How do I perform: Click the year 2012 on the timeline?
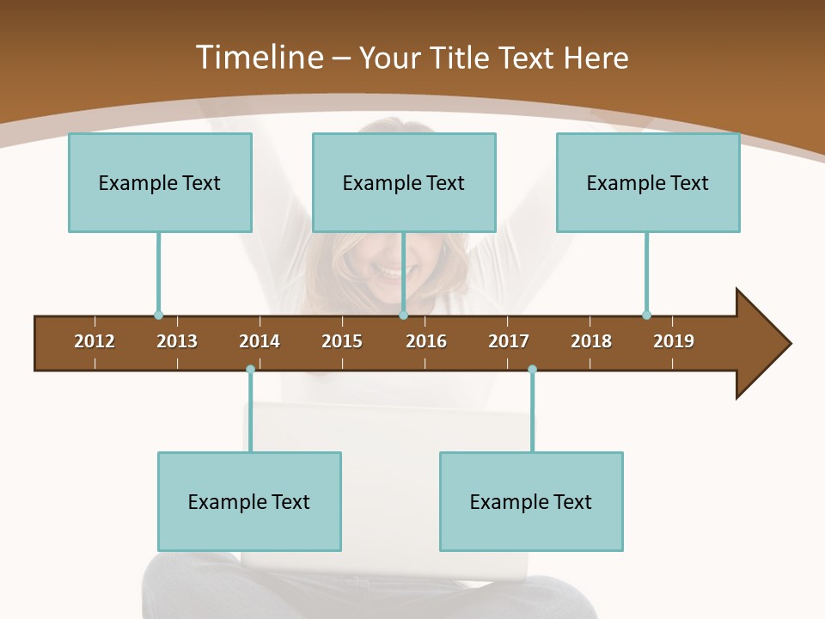coord(95,341)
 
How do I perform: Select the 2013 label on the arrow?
coord(177,341)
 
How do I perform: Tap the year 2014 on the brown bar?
coord(260,341)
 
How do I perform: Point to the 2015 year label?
coord(342,341)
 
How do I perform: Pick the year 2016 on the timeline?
coord(426,341)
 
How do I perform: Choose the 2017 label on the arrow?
coord(509,341)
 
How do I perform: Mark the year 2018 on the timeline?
coord(591,341)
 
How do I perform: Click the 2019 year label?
coord(674,341)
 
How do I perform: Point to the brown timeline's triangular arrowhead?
coord(761,343)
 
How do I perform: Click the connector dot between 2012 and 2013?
coord(158,315)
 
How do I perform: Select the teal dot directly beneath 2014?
coord(250,370)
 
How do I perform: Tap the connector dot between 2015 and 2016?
coord(403,315)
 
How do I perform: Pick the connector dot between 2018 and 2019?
coord(646,315)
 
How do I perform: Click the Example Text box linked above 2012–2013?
coord(160,182)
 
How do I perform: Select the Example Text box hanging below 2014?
coord(249,501)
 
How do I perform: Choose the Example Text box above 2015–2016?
coord(404,182)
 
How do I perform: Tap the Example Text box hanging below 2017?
coord(531,501)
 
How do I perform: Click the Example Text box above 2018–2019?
coord(648,182)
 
